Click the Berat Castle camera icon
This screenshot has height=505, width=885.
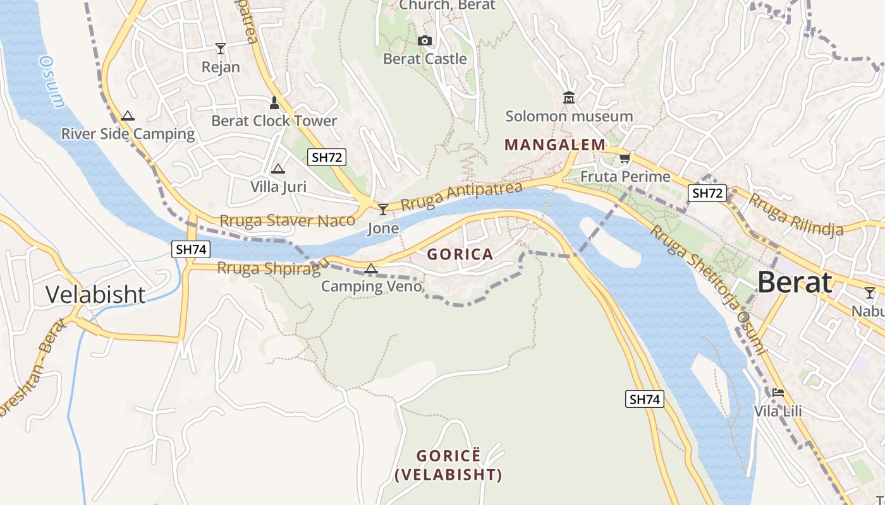(425, 41)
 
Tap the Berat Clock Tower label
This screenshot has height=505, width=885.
(274, 121)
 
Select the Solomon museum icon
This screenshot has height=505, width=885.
(568, 98)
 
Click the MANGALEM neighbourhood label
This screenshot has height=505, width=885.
(555, 145)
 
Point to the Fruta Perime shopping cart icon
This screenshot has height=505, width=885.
(625, 158)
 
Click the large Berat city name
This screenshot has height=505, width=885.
(795, 282)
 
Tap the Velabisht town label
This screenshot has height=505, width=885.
(95, 294)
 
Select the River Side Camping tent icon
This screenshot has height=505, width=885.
(128, 116)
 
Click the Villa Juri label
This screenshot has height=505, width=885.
(278, 186)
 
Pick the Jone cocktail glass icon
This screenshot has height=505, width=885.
(382, 209)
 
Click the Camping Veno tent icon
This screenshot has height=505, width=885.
(371, 268)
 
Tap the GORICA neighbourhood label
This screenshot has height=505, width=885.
(460, 254)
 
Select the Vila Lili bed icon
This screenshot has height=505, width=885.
(778, 393)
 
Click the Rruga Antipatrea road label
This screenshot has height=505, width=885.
(461, 196)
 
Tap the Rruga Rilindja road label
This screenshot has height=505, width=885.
(796, 215)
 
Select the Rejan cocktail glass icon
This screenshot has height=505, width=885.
(220, 48)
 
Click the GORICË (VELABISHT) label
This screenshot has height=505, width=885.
(448, 465)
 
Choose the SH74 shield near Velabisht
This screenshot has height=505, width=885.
(190, 249)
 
